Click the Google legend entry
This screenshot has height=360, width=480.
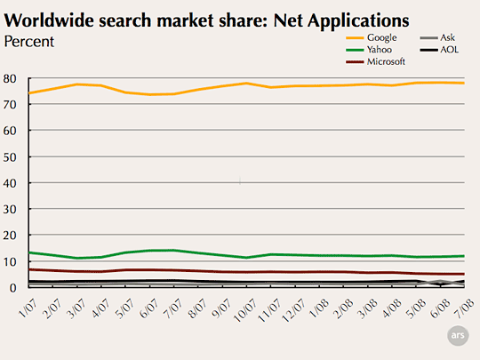pyautogui.click(x=372, y=38)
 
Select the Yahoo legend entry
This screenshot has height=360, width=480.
pyautogui.click(x=369, y=50)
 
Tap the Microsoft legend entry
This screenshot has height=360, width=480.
pyautogui.click(x=376, y=61)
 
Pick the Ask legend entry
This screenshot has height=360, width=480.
pyautogui.click(x=437, y=37)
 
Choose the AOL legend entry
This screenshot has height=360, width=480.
pyautogui.click(x=439, y=50)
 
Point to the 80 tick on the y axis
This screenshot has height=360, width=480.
pyautogui.click(x=10, y=79)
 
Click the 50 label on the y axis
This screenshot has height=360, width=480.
pyautogui.click(x=10, y=157)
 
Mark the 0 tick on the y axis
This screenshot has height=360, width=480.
pyautogui.click(x=12, y=288)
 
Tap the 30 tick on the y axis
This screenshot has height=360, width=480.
pyautogui.click(x=10, y=210)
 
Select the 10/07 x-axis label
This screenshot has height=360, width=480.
pyautogui.click(x=245, y=310)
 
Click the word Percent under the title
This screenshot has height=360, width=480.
pyautogui.click(x=29, y=42)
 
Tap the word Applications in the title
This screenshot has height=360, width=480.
pyautogui.click(x=358, y=21)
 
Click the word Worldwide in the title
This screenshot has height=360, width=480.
pyautogui.click(x=49, y=20)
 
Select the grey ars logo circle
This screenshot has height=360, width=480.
pyautogui.click(x=458, y=335)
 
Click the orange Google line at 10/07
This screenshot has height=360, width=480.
pyautogui.click(x=246, y=84)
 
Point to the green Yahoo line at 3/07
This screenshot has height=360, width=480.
pyautogui.click(x=76, y=258)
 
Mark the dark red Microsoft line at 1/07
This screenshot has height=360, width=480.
pyautogui.click(x=28, y=269)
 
